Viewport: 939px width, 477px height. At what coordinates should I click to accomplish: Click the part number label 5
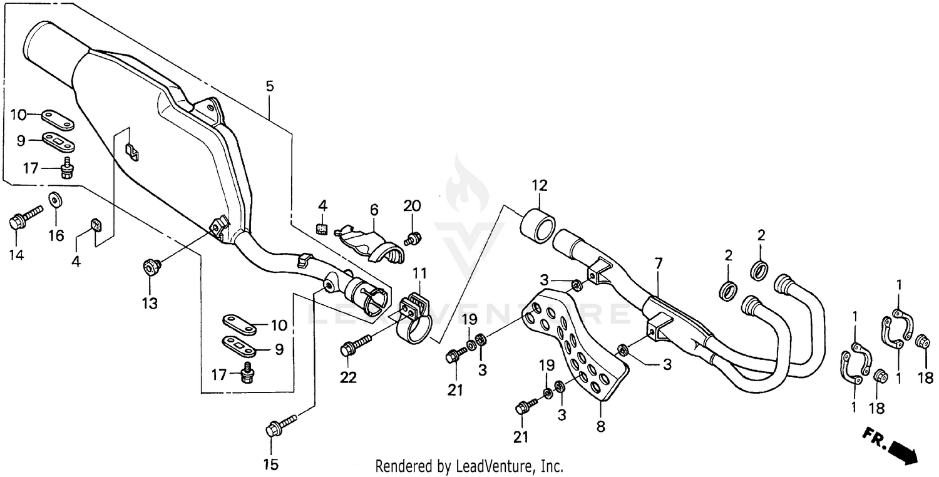point(269,86)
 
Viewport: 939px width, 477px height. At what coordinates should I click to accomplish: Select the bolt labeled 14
point(24,217)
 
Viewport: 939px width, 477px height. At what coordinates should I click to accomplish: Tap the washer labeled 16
point(55,200)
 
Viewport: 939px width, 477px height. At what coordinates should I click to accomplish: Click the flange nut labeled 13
point(150,267)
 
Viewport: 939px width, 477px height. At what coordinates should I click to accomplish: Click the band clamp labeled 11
point(414,319)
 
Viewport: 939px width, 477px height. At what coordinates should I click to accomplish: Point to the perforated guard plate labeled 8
point(579,351)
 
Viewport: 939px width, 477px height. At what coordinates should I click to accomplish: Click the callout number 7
point(658,264)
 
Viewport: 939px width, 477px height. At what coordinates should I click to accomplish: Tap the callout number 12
point(540,186)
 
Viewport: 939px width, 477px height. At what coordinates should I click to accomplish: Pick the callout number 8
point(600,428)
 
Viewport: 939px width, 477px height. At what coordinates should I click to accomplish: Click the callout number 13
point(149,303)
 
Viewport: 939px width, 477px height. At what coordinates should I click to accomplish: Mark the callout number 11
point(419,274)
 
